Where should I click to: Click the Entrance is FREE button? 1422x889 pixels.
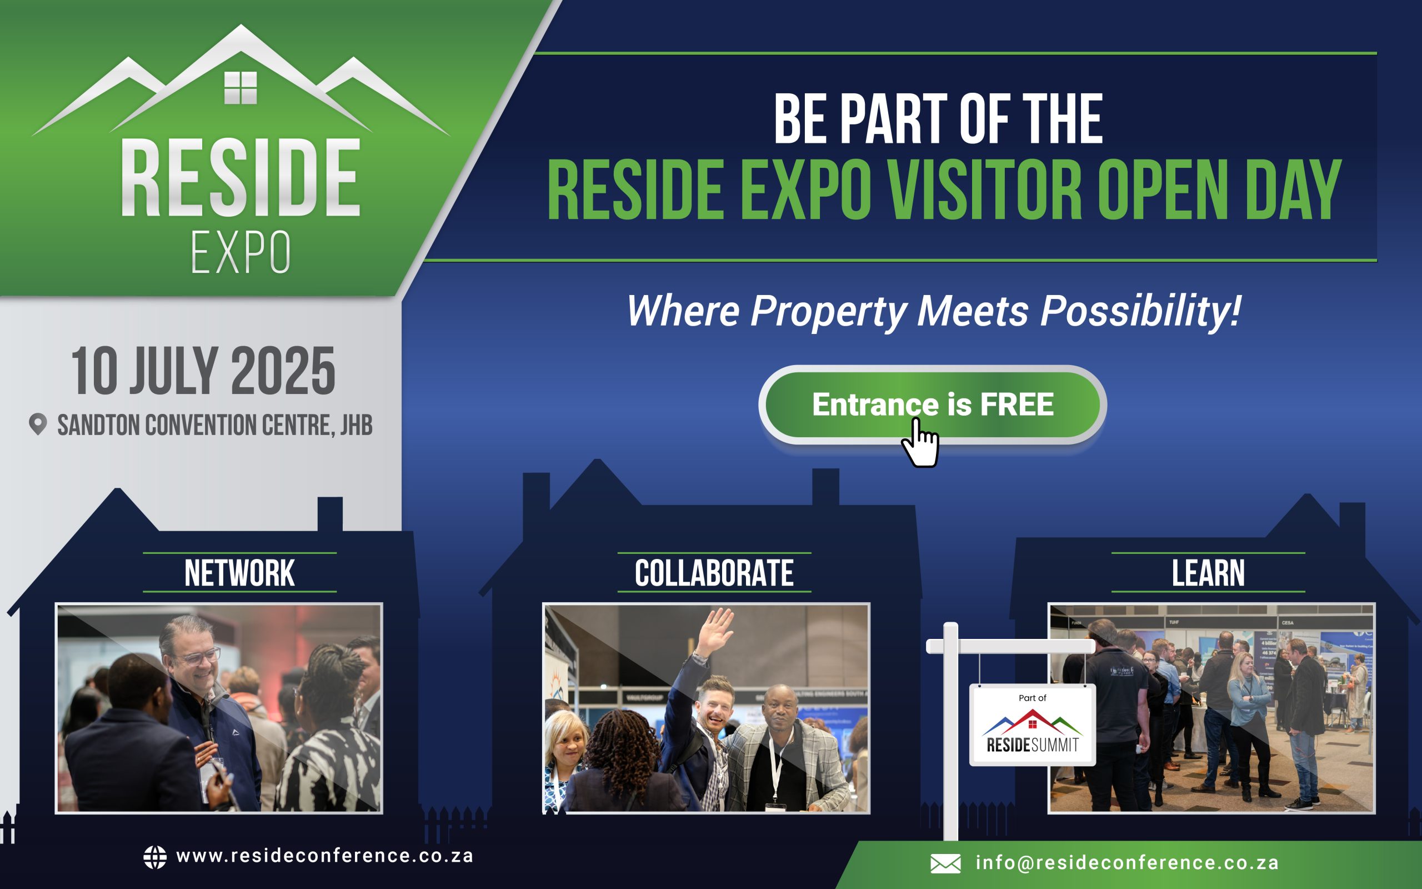933,404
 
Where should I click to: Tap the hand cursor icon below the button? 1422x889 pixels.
920,443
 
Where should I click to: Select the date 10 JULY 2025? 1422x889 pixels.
203,371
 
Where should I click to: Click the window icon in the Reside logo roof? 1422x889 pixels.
241,88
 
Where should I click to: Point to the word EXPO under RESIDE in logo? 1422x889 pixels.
241,252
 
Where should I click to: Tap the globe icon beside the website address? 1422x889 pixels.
155,857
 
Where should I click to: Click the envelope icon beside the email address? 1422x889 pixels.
945,863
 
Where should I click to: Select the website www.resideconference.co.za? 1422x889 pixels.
325,856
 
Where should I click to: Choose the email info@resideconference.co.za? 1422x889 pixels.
1127,862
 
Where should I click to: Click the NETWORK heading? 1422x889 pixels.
240,573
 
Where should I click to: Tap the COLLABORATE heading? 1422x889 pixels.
714,573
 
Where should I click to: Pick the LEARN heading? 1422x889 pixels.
1208,573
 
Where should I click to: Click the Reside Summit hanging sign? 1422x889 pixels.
1033,725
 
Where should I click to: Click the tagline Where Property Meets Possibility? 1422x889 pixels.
934,311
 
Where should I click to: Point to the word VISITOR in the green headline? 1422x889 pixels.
984,189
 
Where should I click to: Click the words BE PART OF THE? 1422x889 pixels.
938,119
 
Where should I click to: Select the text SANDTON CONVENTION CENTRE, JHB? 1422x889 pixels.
214,425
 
